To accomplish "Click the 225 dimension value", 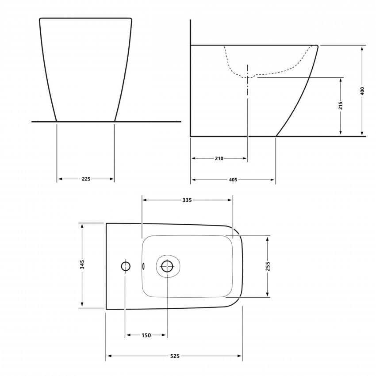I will click(x=86, y=179).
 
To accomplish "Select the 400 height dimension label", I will click(x=362, y=91).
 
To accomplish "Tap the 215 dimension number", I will click(x=341, y=105).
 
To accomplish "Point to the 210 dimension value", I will click(x=219, y=158).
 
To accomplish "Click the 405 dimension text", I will click(x=233, y=180).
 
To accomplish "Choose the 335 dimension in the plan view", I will click(x=187, y=200).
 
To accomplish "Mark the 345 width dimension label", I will click(x=82, y=265).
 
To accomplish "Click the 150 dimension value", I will click(x=146, y=335).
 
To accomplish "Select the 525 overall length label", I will click(x=174, y=356).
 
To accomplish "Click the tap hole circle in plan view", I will click(x=126, y=266).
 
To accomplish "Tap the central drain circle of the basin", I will click(x=167, y=266).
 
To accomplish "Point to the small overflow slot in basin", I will click(x=142, y=266).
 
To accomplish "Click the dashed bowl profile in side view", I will click(x=230, y=66).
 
